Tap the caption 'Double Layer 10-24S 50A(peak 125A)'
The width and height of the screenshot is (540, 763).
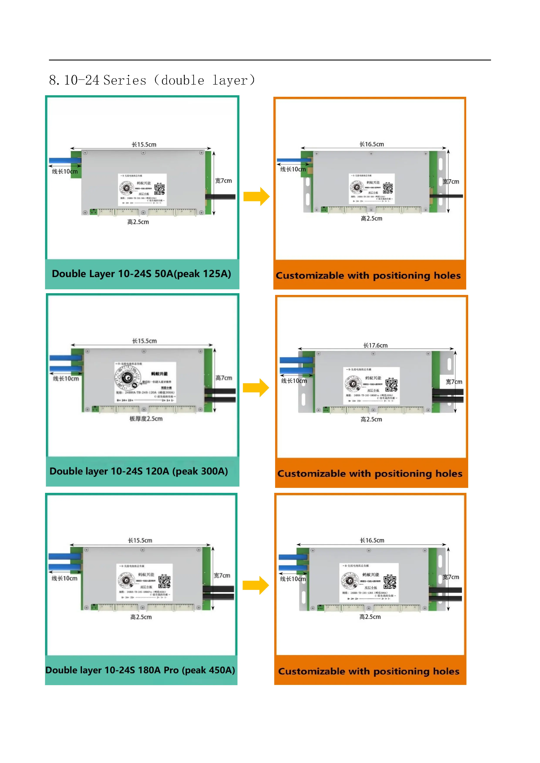tap(141, 274)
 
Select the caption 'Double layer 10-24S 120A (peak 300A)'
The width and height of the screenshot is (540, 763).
tap(139, 471)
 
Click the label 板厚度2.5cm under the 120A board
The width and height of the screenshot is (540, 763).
tap(146, 419)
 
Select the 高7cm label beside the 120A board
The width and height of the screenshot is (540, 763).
tap(224, 378)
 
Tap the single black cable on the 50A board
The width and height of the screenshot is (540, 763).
tap(221, 197)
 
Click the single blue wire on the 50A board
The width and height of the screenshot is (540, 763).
tap(65, 161)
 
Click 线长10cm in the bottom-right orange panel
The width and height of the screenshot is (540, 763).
tap(293, 579)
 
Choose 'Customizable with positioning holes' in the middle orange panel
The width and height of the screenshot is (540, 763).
tap(370, 474)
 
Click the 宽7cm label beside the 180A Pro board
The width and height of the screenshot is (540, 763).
tap(222, 575)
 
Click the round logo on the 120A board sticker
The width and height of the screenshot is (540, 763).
tap(127, 378)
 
